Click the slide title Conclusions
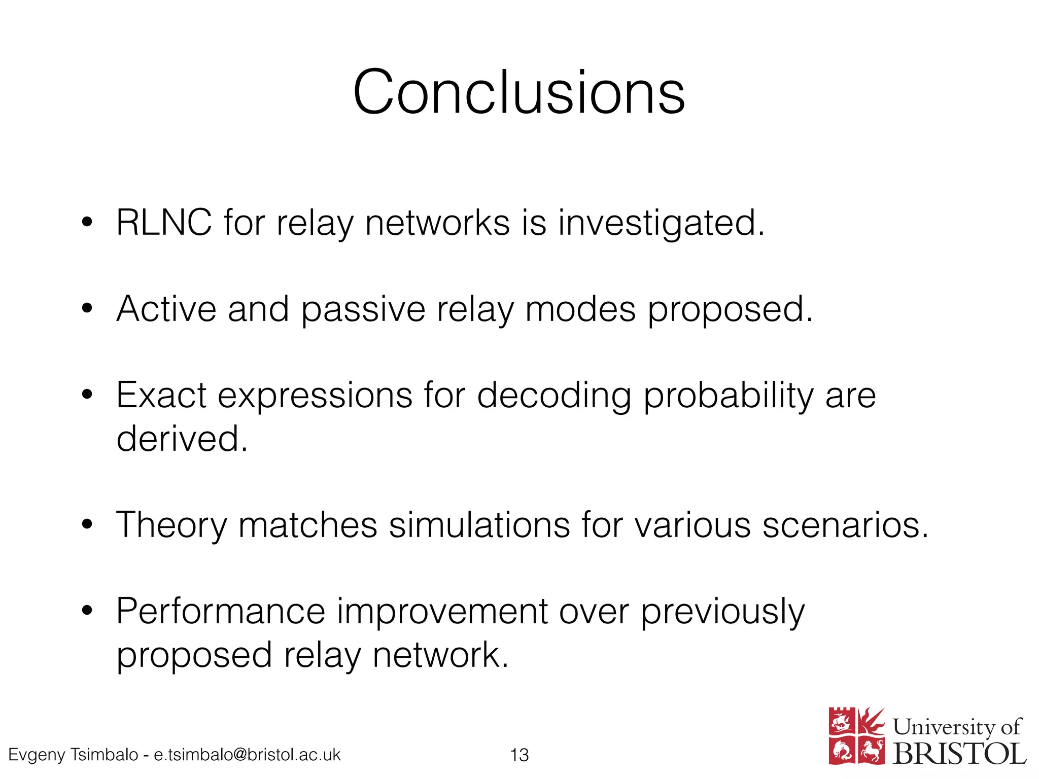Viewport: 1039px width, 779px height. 518,92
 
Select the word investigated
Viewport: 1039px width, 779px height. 661,223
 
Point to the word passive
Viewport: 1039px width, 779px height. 363,309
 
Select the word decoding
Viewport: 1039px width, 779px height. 555,396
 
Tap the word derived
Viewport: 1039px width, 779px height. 182,438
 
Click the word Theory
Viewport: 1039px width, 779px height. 171,525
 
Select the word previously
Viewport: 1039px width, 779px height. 722,612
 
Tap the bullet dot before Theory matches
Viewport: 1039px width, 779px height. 87,524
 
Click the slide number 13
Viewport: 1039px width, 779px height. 519,755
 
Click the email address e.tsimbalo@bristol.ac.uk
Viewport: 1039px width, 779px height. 247,755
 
